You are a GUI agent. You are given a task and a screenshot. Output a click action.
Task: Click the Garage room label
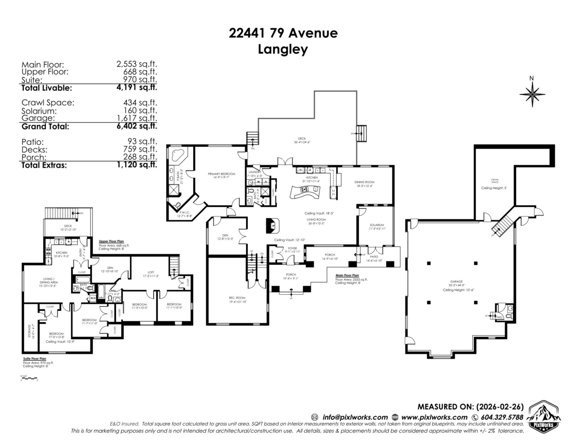coord(456,281)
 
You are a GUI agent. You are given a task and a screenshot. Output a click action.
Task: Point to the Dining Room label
coord(365,182)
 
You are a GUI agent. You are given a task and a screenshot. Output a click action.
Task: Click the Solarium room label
coord(377,225)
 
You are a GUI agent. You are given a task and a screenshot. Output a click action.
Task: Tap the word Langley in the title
coord(283,49)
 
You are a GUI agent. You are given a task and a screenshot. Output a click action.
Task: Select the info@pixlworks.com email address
coord(355,417)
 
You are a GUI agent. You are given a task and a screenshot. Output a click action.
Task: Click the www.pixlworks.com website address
coord(434,417)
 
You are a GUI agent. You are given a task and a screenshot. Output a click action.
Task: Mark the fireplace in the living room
coord(272,225)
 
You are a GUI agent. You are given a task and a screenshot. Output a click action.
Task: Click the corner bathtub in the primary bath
coord(177,157)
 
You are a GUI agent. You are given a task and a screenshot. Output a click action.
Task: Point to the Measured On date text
coord(470,406)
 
